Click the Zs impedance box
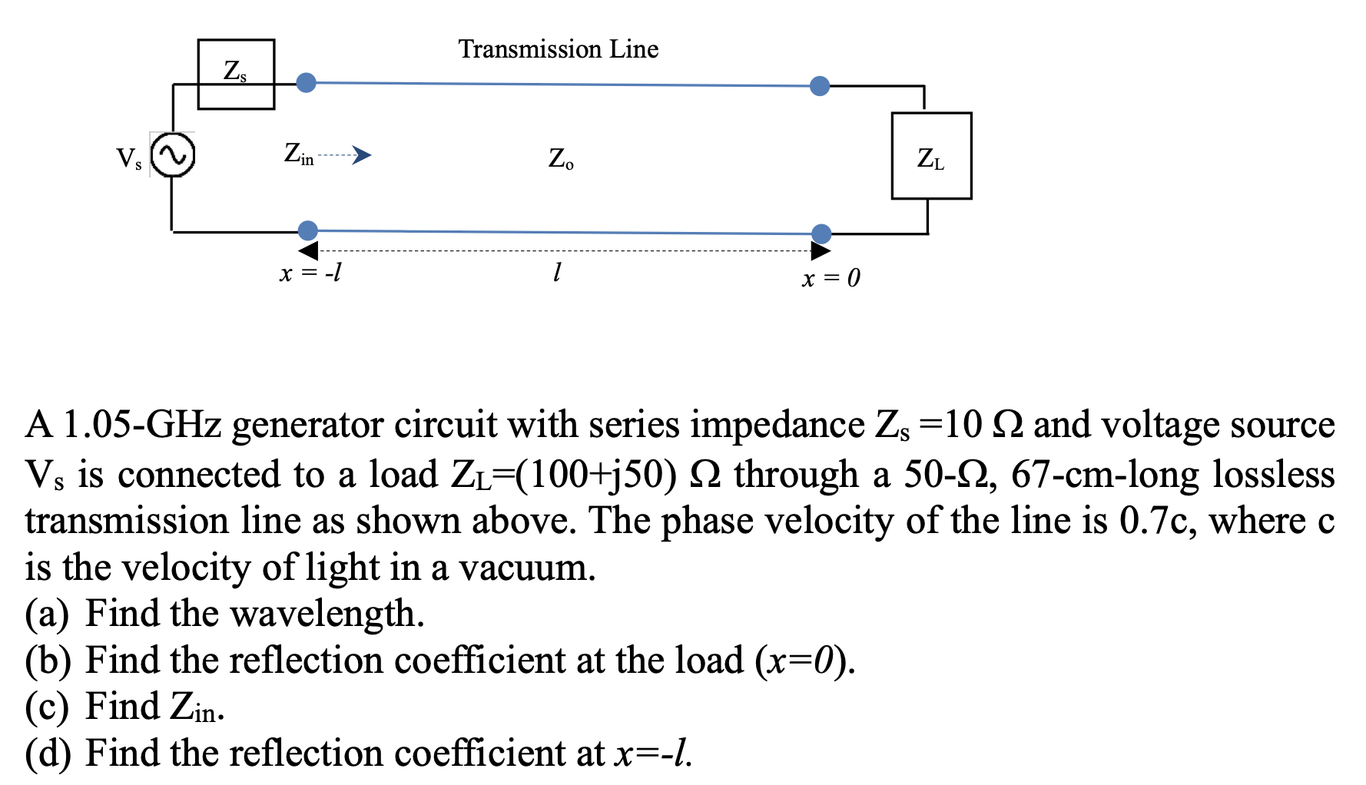point(236,74)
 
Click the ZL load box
point(931,156)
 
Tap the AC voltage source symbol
point(172,154)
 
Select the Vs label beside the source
point(128,159)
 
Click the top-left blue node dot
point(306,82)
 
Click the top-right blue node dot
point(820,86)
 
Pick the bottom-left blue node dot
point(307,230)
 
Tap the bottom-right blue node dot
point(821,234)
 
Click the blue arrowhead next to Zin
point(362,155)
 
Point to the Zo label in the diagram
point(561,159)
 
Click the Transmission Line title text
point(559,49)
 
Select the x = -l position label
point(310,273)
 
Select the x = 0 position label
point(831,278)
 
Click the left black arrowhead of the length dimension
point(309,250)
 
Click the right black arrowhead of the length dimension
point(820,250)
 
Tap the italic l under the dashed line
point(557,272)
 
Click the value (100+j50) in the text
point(596,474)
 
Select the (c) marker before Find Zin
point(47,707)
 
